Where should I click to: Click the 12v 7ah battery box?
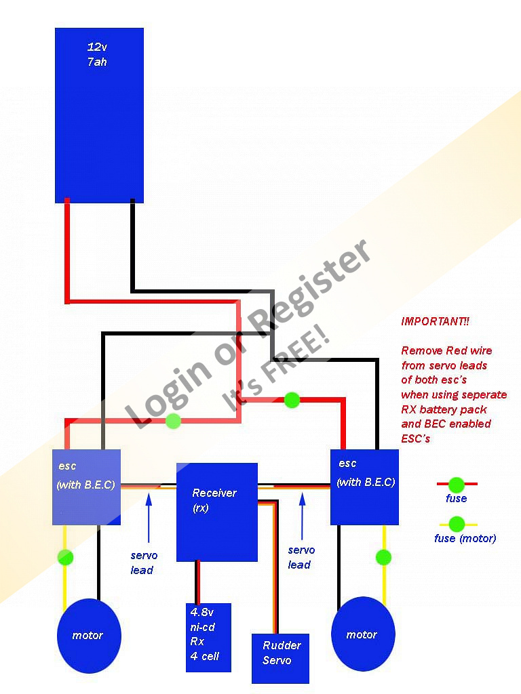(x=99, y=115)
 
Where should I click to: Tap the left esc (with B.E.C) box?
(x=86, y=487)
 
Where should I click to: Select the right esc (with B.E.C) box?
(x=364, y=487)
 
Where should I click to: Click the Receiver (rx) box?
(x=216, y=512)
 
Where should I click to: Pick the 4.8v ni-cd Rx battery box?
(x=208, y=637)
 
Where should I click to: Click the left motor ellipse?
(x=88, y=636)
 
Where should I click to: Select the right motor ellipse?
(x=362, y=635)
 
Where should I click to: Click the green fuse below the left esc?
(x=65, y=558)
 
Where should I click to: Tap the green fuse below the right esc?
(x=383, y=557)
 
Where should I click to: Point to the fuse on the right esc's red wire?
(x=292, y=400)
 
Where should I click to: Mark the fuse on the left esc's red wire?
(x=174, y=421)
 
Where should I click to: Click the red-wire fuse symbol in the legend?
(x=457, y=485)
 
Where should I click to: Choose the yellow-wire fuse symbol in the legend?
(x=457, y=524)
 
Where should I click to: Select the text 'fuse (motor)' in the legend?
(x=465, y=538)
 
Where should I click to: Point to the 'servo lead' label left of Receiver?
(x=142, y=563)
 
